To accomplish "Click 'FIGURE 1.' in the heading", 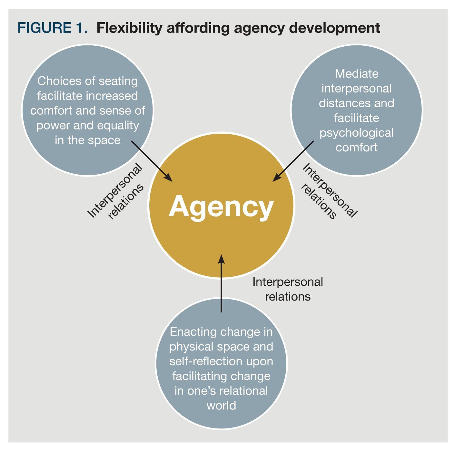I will (53, 28).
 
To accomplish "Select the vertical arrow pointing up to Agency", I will (221, 283).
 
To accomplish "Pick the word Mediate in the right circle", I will (357, 74).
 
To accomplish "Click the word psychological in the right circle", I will (357, 133).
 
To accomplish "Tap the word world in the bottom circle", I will (221, 406).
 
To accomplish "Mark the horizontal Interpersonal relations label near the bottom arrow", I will (288, 289).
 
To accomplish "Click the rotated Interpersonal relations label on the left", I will (115, 193).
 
